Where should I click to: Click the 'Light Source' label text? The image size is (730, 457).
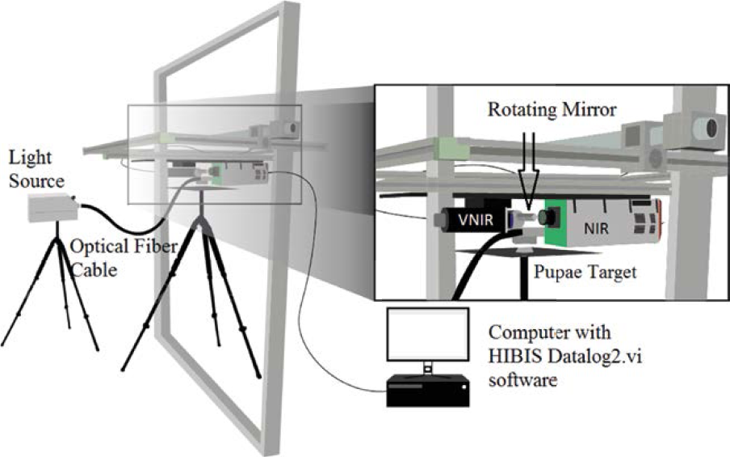click(37, 169)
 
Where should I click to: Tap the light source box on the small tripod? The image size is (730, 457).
click(53, 208)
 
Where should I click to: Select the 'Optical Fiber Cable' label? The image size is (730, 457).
click(123, 258)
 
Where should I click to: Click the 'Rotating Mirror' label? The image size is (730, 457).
click(552, 109)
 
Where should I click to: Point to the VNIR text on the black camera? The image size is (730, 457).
click(476, 219)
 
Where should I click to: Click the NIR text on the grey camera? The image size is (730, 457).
click(597, 228)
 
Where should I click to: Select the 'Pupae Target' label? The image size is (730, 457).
click(585, 273)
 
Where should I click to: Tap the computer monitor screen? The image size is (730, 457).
click(428, 334)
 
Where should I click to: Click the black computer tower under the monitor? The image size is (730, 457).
click(428, 391)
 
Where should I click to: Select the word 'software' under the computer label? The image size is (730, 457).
click(522, 379)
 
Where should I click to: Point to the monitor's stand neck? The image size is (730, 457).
click(427, 368)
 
